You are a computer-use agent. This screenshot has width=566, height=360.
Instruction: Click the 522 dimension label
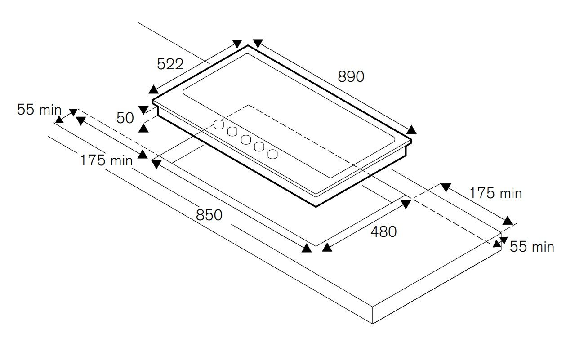(x=170, y=64)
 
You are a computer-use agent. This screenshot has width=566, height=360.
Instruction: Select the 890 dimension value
(x=351, y=76)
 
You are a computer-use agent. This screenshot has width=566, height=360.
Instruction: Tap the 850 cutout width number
(x=209, y=215)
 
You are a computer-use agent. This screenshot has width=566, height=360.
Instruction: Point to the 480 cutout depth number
(x=383, y=231)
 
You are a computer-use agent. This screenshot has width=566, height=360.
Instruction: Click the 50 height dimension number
(x=125, y=118)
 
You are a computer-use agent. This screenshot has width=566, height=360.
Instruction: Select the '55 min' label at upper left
(x=39, y=110)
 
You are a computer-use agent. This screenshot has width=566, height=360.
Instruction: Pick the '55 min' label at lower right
(x=532, y=247)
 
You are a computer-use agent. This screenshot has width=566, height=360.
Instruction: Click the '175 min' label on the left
(x=107, y=160)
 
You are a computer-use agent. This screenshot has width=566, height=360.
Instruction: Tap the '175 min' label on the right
(x=496, y=194)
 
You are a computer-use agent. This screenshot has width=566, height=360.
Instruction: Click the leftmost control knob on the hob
(x=219, y=124)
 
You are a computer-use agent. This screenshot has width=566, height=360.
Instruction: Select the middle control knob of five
(x=245, y=139)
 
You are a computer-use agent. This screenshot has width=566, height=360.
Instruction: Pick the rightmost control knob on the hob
(x=272, y=154)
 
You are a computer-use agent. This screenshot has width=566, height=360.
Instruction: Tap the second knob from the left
(x=232, y=132)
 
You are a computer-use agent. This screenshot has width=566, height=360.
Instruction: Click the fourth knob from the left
(x=259, y=147)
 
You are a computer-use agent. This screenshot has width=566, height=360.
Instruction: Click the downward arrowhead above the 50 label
(x=143, y=110)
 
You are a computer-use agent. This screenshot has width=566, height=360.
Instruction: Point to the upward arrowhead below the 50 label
(x=143, y=128)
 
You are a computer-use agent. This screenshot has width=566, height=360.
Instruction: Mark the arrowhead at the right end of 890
(x=411, y=130)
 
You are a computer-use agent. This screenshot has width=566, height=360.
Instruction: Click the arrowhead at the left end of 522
(x=153, y=89)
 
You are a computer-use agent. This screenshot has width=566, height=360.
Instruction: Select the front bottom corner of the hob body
(x=316, y=207)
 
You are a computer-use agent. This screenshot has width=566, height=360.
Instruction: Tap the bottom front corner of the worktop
(x=373, y=324)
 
